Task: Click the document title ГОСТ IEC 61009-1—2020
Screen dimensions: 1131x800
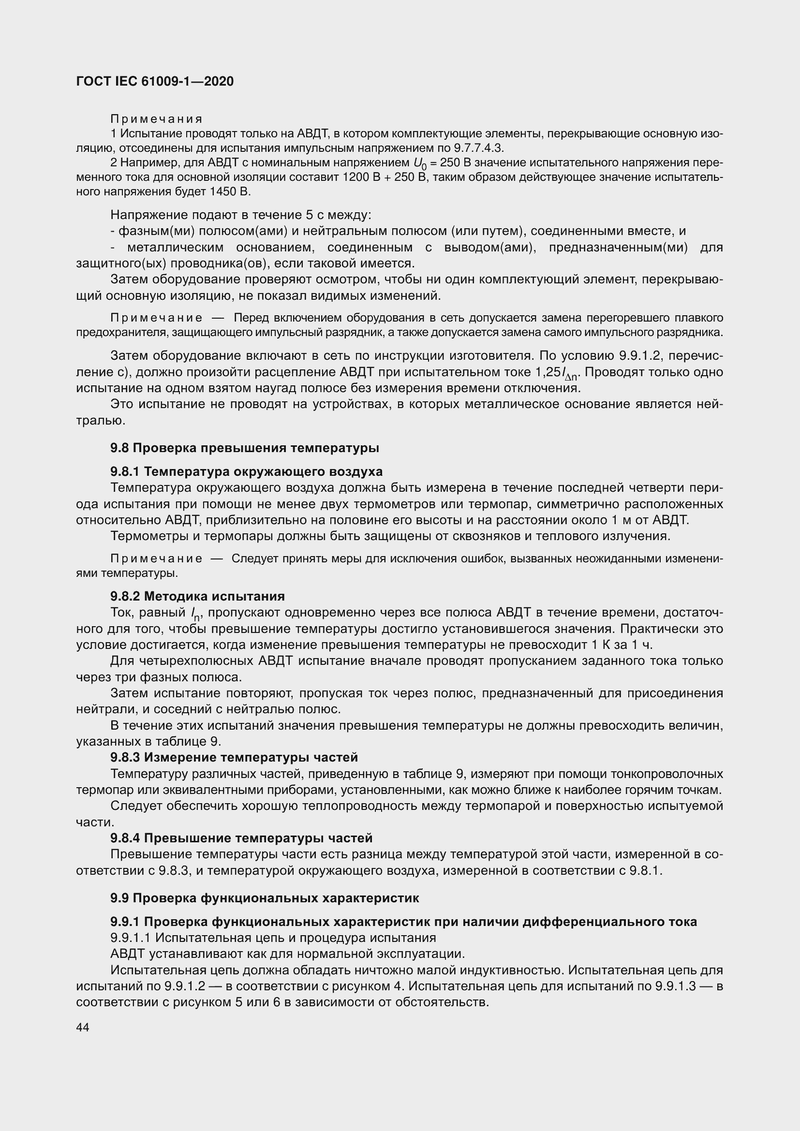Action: pos(155,81)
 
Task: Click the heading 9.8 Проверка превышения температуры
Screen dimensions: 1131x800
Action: pos(244,448)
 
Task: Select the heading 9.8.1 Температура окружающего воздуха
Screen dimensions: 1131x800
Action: pos(246,471)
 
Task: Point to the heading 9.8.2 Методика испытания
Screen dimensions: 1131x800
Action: pos(197,596)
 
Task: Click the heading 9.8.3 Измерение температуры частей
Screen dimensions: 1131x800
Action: pos(234,757)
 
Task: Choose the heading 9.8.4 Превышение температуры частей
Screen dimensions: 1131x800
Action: pos(241,838)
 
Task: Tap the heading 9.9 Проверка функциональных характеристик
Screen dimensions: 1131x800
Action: pos(265,898)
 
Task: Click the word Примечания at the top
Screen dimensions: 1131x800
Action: pos(156,119)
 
